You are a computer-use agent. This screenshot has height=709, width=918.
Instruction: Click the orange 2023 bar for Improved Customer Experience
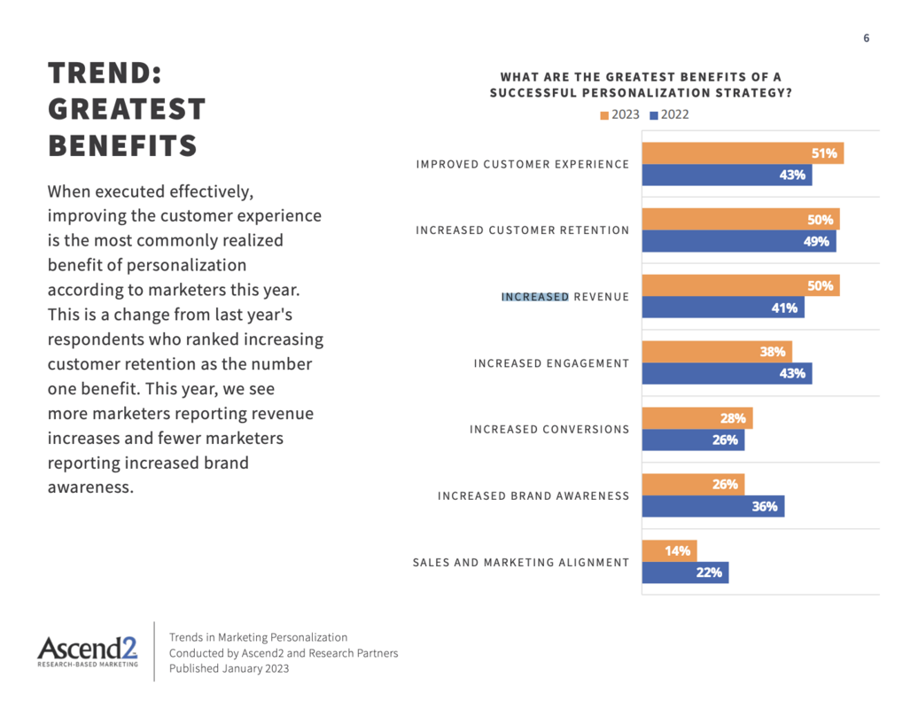click(x=743, y=153)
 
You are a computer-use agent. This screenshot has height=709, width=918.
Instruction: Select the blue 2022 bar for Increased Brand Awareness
click(x=713, y=506)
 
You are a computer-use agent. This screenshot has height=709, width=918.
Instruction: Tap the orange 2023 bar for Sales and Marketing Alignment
click(x=670, y=550)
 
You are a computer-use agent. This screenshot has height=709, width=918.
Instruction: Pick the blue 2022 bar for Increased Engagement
click(x=727, y=373)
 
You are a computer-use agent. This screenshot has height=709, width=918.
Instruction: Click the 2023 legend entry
click(x=620, y=114)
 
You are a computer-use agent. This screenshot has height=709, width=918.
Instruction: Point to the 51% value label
click(x=824, y=153)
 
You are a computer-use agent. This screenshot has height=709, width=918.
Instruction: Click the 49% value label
click(x=816, y=241)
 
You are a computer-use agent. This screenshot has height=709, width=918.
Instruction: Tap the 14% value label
click(x=678, y=550)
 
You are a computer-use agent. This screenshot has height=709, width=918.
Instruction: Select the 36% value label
click(x=765, y=506)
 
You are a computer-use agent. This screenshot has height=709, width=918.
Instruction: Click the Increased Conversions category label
click(x=549, y=430)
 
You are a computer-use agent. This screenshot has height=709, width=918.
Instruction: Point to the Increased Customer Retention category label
click(x=523, y=230)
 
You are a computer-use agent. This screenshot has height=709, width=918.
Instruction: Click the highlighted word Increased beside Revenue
click(x=534, y=297)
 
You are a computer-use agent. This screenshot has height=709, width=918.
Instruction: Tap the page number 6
click(x=866, y=38)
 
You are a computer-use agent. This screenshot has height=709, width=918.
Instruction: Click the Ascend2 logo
click(x=88, y=651)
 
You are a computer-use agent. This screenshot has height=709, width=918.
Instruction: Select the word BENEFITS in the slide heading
click(x=122, y=145)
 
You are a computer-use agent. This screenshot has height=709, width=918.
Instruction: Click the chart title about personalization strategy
click(x=641, y=85)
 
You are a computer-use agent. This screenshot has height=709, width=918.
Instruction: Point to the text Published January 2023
click(x=229, y=668)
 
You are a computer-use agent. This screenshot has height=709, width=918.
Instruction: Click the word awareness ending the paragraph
click(x=89, y=487)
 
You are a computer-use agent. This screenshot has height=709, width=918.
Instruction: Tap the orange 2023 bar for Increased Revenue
click(x=740, y=285)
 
